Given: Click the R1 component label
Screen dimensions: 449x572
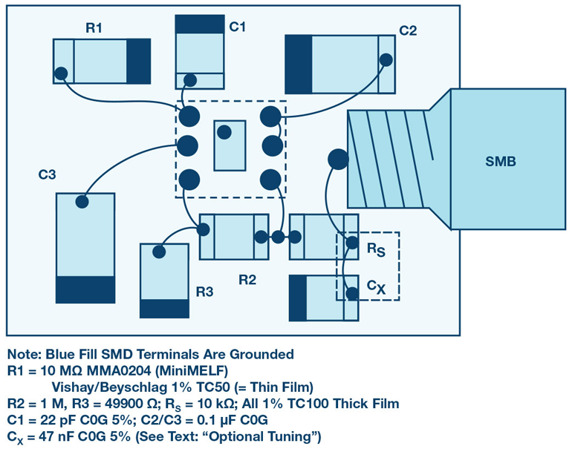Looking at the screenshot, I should (x=94, y=28).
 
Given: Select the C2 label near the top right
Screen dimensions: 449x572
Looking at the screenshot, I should (x=408, y=31).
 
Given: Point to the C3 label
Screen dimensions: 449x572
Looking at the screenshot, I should (x=48, y=175).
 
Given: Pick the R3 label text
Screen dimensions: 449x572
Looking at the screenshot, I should (x=205, y=292).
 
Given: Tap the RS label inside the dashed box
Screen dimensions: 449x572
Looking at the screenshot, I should (x=376, y=250).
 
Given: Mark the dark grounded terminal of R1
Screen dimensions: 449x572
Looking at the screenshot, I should (x=138, y=62).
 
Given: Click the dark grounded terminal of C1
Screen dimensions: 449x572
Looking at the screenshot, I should (x=199, y=24).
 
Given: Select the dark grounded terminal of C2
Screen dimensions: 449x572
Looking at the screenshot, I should (x=299, y=65).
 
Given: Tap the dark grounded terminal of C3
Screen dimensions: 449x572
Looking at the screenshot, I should (x=85, y=289).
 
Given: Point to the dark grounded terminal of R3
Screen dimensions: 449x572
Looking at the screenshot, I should (x=165, y=308).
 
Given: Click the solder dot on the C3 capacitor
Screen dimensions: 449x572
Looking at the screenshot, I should (x=82, y=201).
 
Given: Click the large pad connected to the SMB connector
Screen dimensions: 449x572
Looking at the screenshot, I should (x=337, y=159).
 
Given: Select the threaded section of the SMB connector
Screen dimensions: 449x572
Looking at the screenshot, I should (x=390, y=159).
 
